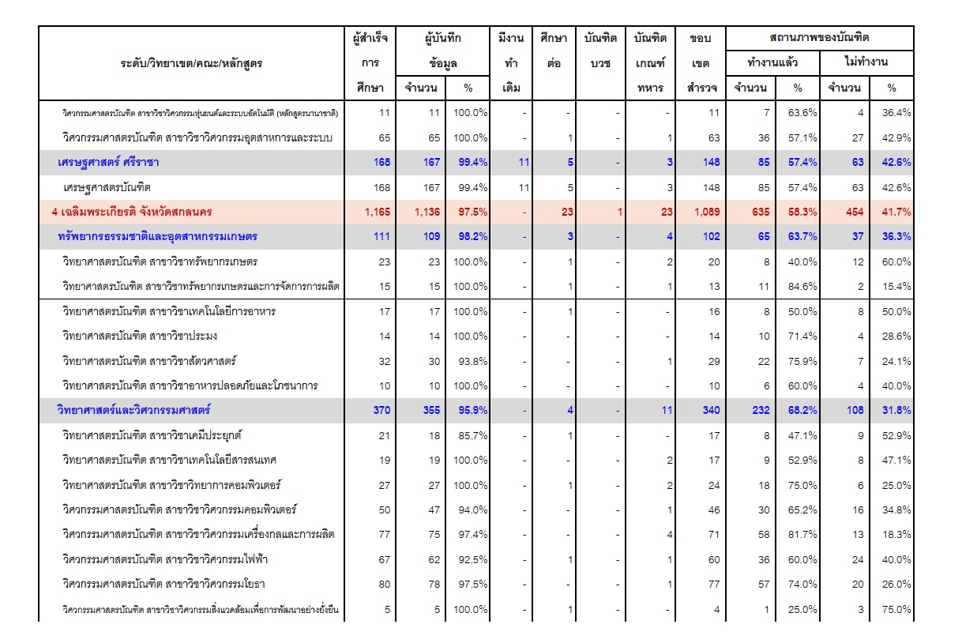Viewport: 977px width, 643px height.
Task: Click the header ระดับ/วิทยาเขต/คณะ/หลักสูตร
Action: pyautogui.click(x=191, y=63)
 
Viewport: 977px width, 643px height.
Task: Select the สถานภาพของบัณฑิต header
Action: pyautogui.click(x=820, y=37)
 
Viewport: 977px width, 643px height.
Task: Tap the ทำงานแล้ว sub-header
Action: pyautogui.click(x=772, y=62)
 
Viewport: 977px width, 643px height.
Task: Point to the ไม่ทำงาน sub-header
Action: pyautogui.click(x=866, y=62)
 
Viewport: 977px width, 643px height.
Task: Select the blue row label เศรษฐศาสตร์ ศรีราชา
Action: pyautogui.click(x=108, y=162)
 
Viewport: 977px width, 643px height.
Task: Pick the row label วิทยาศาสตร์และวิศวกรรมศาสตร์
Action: pyautogui.click(x=134, y=410)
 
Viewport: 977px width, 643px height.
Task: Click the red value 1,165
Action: pyautogui.click(x=378, y=212)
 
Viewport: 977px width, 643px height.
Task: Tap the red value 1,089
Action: pyautogui.click(x=707, y=212)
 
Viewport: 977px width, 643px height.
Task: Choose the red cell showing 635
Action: pyautogui.click(x=761, y=212)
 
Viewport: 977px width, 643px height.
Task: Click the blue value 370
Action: pyautogui.click(x=381, y=410)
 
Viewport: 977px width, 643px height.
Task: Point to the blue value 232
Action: pyautogui.click(x=761, y=410)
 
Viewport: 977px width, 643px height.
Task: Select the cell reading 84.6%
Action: pyautogui.click(x=802, y=287)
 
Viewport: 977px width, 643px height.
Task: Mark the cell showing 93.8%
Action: pyautogui.click(x=473, y=361)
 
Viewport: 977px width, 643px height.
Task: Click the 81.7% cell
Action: pyautogui.click(x=802, y=534)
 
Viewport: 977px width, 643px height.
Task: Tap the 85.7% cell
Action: pyautogui.click(x=473, y=435)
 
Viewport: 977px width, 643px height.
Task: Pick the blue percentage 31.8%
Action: pyautogui.click(x=896, y=410)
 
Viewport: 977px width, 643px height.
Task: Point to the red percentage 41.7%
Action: pyautogui.click(x=896, y=212)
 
